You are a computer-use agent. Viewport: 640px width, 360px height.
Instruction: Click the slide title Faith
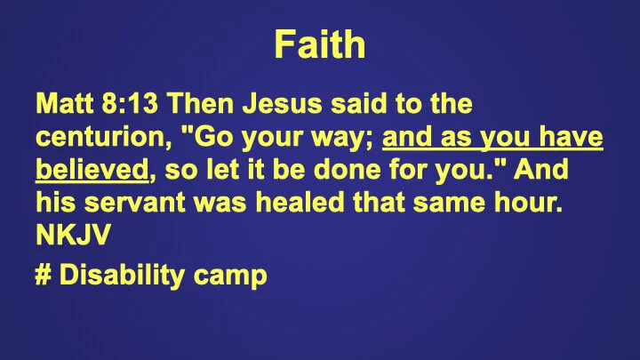pyautogui.click(x=319, y=44)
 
